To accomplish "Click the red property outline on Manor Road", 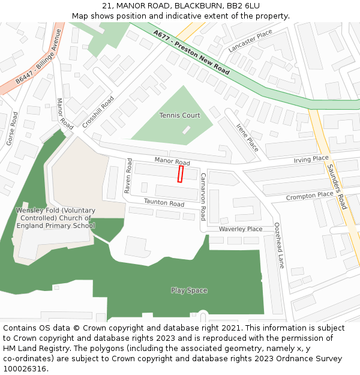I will tap(181, 174).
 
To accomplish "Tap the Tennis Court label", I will tap(179, 115).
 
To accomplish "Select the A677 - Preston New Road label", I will tap(191, 52).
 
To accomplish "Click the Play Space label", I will tap(189, 290).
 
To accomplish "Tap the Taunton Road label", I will tap(164, 203).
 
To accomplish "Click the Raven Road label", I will tap(128, 176).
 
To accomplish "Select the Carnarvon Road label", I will tap(203, 196).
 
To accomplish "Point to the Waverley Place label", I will tap(240, 229).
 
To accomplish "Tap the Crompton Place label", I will tap(309, 196).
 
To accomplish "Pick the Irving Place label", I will tap(311, 159).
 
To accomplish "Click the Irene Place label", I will tap(247, 137).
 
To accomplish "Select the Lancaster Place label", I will tap(250, 41).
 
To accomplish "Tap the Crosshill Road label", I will tap(98, 112).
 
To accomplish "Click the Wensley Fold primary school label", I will tap(55, 218).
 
